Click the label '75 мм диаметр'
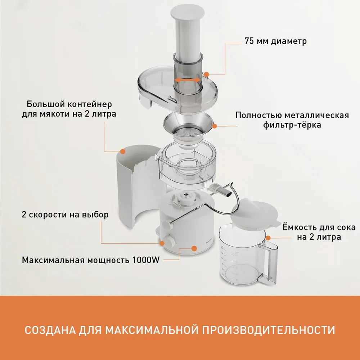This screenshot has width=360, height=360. click(x=275, y=41)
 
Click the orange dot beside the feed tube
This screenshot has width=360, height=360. click(x=206, y=75)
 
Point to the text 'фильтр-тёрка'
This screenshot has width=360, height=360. click(x=292, y=125)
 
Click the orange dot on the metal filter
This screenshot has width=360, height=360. click(x=215, y=126)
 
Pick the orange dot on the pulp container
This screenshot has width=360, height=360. click(x=123, y=151)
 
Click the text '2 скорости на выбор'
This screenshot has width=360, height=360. click(x=65, y=215)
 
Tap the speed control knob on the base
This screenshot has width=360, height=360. click(x=170, y=241)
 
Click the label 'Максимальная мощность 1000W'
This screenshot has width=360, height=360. click(x=91, y=260)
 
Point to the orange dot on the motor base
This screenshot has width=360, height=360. click(x=194, y=248)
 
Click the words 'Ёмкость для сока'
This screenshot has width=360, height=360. click(x=319, y=227)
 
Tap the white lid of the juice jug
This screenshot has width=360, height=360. click(x=255, y=212)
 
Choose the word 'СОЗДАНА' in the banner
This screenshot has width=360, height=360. click(x=50, y=330)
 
